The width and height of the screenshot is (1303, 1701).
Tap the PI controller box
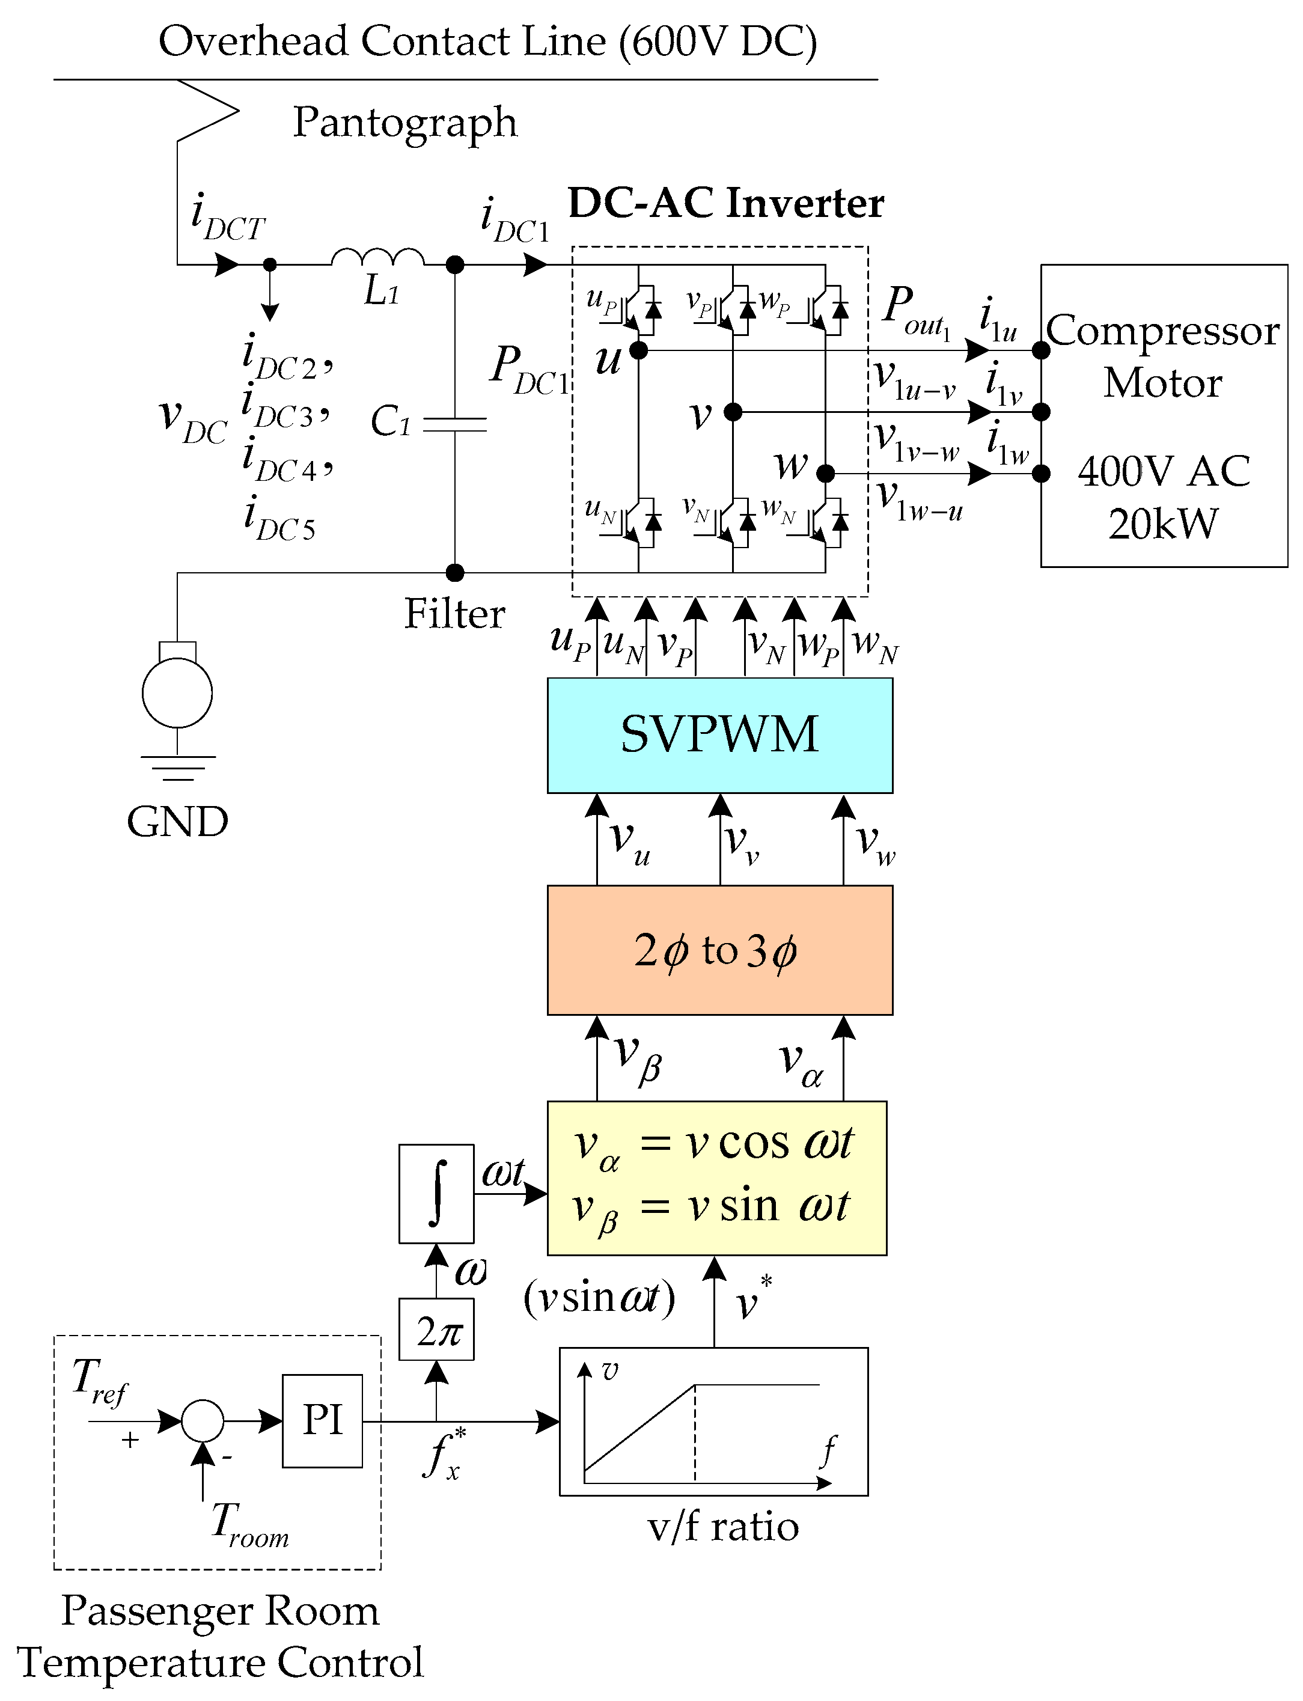[x=322, y=1420]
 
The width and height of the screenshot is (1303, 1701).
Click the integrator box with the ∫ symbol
[x=436, y=1193]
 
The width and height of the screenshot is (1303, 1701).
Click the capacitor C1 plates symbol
[x=456, y=424]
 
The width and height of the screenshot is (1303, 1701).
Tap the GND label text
[x=178, y=822]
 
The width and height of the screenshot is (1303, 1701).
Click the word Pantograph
[x=405, y=123]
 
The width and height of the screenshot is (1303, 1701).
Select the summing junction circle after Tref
[x=203, y=1420]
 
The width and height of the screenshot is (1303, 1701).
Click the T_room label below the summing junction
[x=250, y=1524]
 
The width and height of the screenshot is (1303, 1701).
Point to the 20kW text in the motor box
[x=1162, y=524]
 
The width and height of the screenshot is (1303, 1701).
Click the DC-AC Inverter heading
[x=726, y=203]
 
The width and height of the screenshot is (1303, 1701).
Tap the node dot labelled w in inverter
[x=825, y=473]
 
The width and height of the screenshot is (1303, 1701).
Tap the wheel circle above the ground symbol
[x=178, y=692]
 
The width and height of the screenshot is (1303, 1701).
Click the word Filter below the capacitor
[x=454, y=614]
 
